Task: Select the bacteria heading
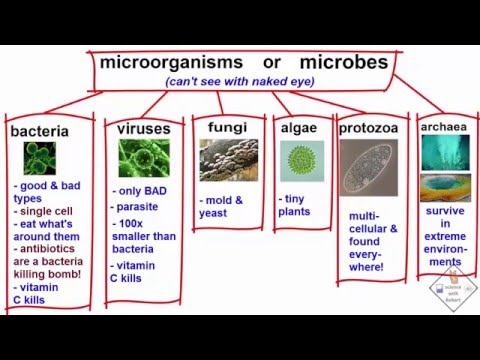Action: click(x=39, y=131)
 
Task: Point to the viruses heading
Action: click(x=143, y=129)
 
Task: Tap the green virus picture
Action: click(x=143, y=158)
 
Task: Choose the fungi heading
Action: click(x=227, y=127)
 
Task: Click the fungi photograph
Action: click(x=227, y=160)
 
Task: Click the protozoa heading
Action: click(x=369, y=128)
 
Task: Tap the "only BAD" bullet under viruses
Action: click(x=143, y=191)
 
